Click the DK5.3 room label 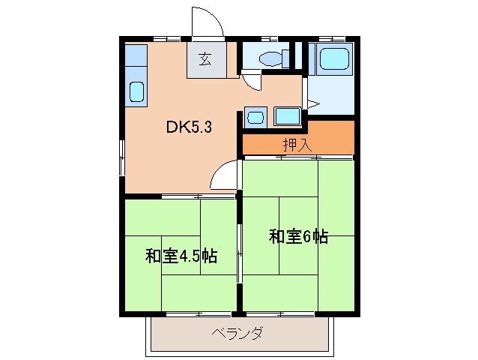coord(189,127)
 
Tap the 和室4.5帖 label coord(181,256)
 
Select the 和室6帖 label coord(298,236)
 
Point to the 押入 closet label coord(297,144)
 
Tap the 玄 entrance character coord(205,59)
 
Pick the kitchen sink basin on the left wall coord(137,91)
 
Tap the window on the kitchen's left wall coord(121,154)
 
